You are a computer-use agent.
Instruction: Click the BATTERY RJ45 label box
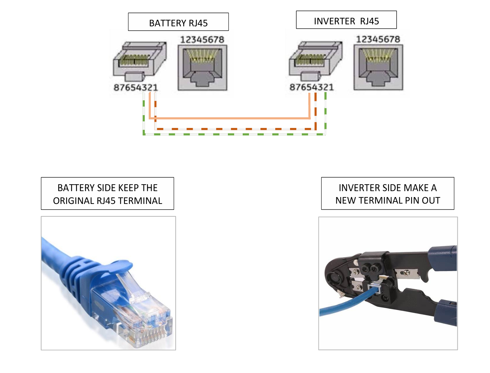[178, 22]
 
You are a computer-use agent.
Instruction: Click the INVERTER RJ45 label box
[346, 20]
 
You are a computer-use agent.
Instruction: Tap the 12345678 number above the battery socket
[202, 40]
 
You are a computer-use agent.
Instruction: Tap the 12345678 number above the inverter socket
[378, 39]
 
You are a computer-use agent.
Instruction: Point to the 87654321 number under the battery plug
[135, 87]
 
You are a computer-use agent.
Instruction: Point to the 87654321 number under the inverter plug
[311, 87]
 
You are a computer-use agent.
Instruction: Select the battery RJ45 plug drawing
[139, 61]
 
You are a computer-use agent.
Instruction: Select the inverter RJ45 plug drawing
[315, 61]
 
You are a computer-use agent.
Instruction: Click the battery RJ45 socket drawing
[202, 68]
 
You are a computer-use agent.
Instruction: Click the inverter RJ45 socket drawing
[378, 67]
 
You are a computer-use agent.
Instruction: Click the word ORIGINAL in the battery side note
[73, 201]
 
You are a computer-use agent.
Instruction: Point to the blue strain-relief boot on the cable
[86, 280]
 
